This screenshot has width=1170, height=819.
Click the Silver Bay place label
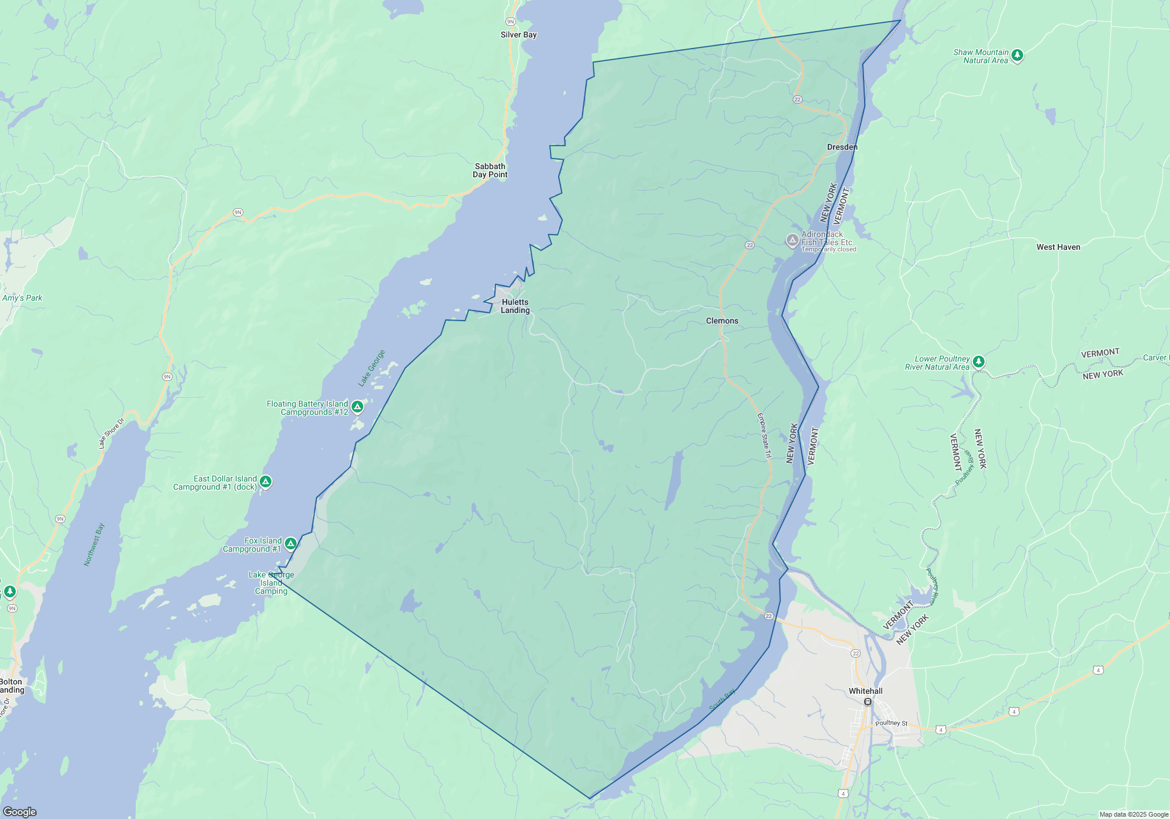[x=518, y=35]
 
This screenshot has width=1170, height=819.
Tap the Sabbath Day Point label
[x=490, y=171]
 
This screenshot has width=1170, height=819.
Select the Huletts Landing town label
[x=515, y=307]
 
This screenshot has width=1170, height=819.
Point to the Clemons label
[x=722, y=321]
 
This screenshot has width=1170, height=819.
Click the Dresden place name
[x=842, y=147]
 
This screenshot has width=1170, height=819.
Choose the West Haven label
[x=1058, y=247]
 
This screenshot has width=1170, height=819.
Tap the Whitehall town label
[x=865, y=691]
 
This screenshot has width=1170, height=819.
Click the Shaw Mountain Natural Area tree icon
[x=1017, y=56]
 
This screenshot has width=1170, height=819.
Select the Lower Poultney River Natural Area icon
[x=979, y=362]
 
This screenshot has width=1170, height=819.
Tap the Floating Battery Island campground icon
[x=357, y=407]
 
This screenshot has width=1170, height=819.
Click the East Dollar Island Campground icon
[x=266, y=482]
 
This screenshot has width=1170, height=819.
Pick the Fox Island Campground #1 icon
[x=290, y=544]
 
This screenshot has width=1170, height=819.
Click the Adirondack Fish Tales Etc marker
[x=792, y=240]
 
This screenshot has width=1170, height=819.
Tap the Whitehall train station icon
[x=868, y=702]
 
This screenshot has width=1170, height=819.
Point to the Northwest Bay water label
[x=94, y=545]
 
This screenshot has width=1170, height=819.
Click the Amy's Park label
[x=22, y=298]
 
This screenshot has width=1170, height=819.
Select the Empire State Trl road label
[x=765, y=435]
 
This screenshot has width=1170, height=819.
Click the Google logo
[x=20, y=812]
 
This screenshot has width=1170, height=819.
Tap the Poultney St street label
[x=892, y=723]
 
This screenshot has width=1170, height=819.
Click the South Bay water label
[x=722, y=700]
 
